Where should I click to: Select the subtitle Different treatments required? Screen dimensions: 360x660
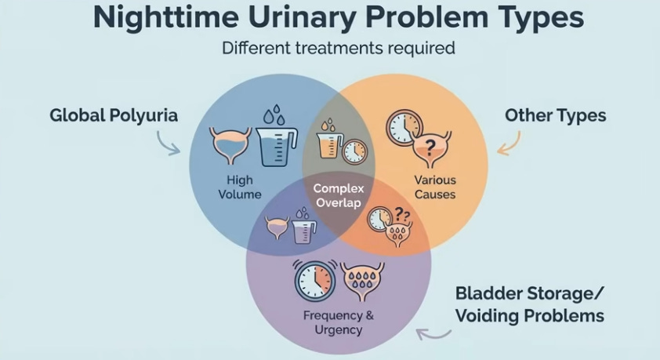click(x=338, y=48)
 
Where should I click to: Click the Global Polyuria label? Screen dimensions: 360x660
click(x=114, y=115)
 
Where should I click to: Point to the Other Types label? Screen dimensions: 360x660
click(x=555, y=115)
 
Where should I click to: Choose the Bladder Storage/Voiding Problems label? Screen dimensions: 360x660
click(x=529, y=306)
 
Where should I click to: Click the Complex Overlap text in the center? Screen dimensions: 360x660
click(x=338, y=195)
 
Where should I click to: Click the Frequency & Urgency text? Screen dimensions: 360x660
click(x=338, y=322)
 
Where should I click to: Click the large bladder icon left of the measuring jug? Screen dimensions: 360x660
click(x=230, y=146)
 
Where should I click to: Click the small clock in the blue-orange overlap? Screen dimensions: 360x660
click(x=354, y=151)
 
